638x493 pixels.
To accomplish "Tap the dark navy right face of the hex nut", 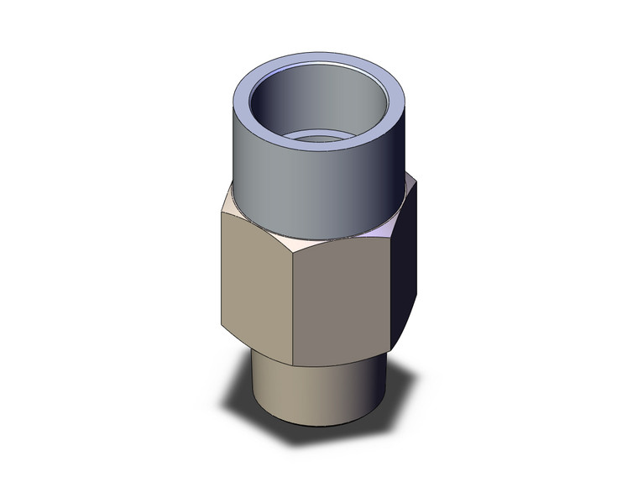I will click(405, 269).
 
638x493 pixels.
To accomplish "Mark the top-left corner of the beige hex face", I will click(222, 212).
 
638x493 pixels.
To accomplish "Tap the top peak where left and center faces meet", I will click(296, 249).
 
